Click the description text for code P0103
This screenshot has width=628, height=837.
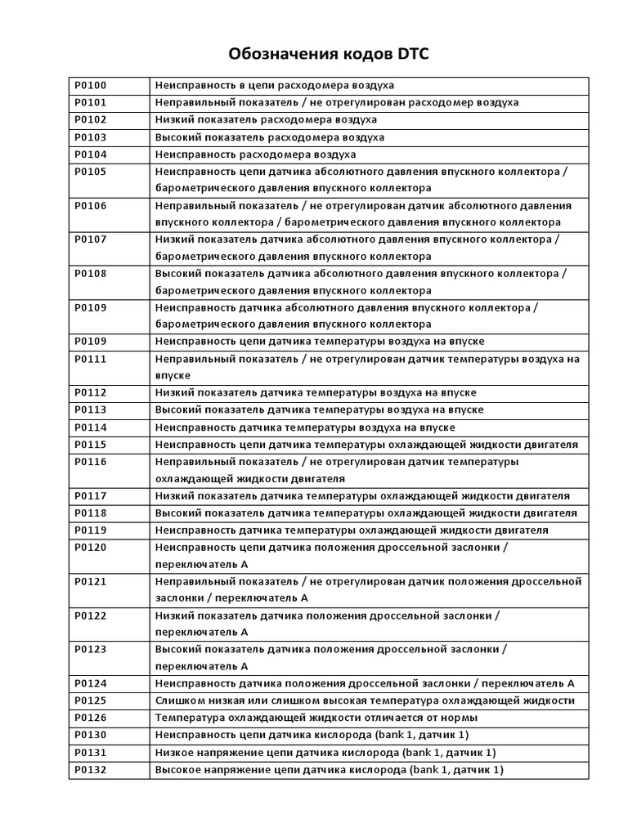click(x=270, y=137)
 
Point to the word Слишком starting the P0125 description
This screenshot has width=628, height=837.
click(x=177, y=701)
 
